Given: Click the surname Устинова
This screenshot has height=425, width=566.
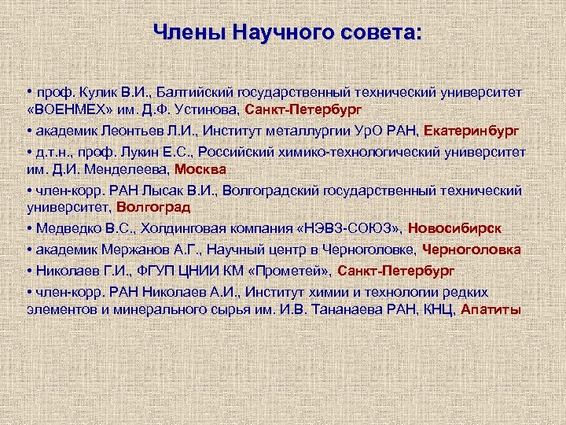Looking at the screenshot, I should (204, 109).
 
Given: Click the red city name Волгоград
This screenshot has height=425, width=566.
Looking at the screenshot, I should (154, 207).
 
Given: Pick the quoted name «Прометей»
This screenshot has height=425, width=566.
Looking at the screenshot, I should (294, 271).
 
